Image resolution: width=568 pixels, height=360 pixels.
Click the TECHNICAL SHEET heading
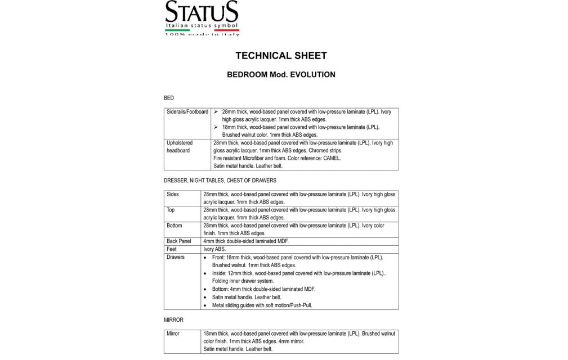pos(280,55)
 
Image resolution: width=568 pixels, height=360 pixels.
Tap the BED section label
pos(169,98)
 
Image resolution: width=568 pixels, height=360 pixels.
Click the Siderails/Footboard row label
pos(188,112)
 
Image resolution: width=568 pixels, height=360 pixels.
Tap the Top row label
pos(171,210)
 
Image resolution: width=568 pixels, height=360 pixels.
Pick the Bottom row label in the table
pos(175,226)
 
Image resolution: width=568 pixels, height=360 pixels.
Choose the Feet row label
pos(172,249)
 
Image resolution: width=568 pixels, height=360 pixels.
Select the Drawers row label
pos(176,257)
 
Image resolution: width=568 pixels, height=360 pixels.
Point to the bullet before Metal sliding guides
pos(206,305)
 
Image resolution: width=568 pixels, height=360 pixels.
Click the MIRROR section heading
pos(173,319)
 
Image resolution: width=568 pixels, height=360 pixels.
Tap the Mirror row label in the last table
pos(173,334)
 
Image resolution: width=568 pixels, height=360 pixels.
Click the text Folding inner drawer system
pos(243,281)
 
